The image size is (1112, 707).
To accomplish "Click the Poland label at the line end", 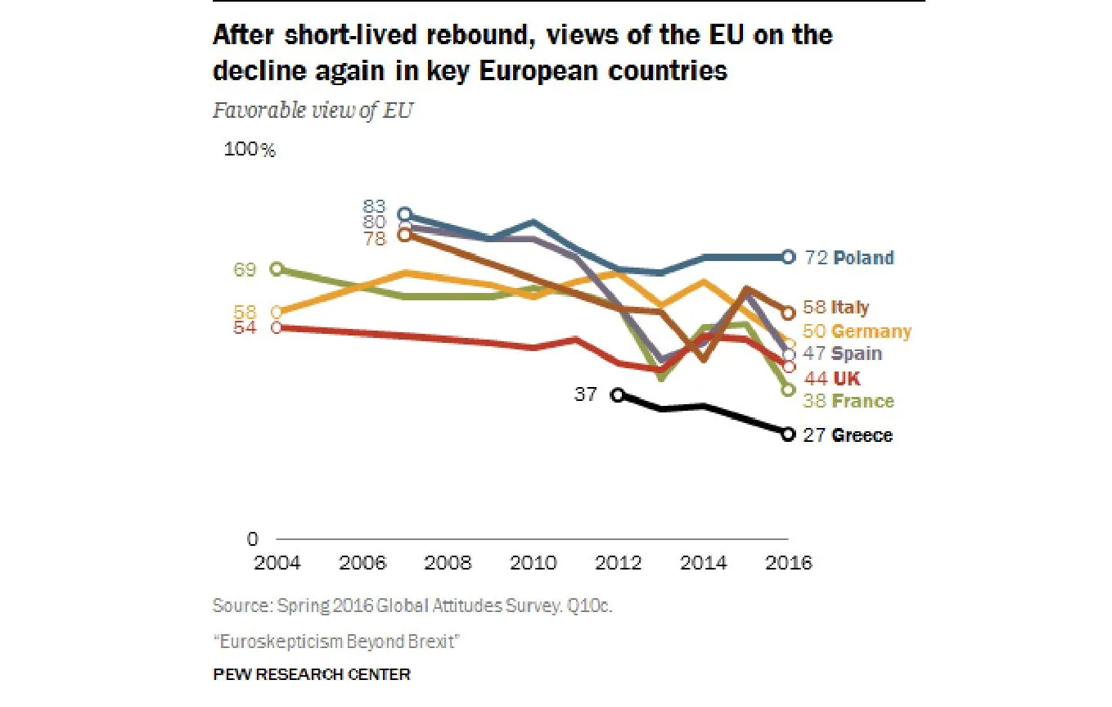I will pyautogui.click(x=863, y=258).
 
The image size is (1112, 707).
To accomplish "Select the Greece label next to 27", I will pyautogui.click(x=862, y=435).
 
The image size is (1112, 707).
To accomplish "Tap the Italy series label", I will pyautogui.click(x=850, y=308).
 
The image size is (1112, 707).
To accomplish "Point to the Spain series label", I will pyautogui.click(x=857, y=353).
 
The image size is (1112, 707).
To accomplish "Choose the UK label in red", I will pyautogui.click(x=847, y=378).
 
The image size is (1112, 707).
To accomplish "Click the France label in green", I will pyautogui.click(x=862, y=401).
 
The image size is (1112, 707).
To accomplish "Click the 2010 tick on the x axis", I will pyautogui.click(x=533, y=564).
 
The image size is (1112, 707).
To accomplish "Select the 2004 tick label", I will pyautogui.click(x=277, y=564).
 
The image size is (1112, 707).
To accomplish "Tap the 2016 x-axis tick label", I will pyautogui.click(x=788, y=564).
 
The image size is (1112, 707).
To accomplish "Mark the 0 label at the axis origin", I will pyautogui.click(x=252, y=539).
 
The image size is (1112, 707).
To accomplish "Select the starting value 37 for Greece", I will pyautogui.click(x=585, y=394).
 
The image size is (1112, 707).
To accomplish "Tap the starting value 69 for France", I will pyautogui.click(x=245, y=269).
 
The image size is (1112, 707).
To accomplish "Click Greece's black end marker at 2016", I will pyautogui.click(x=788, y=435).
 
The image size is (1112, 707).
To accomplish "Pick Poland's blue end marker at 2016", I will pyautogui.click(x=788, y=257).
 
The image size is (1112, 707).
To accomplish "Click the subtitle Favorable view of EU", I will pyautogui.click(x=313, y=110).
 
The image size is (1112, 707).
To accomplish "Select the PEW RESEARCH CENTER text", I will pyautogui.click(x=312, y=675).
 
